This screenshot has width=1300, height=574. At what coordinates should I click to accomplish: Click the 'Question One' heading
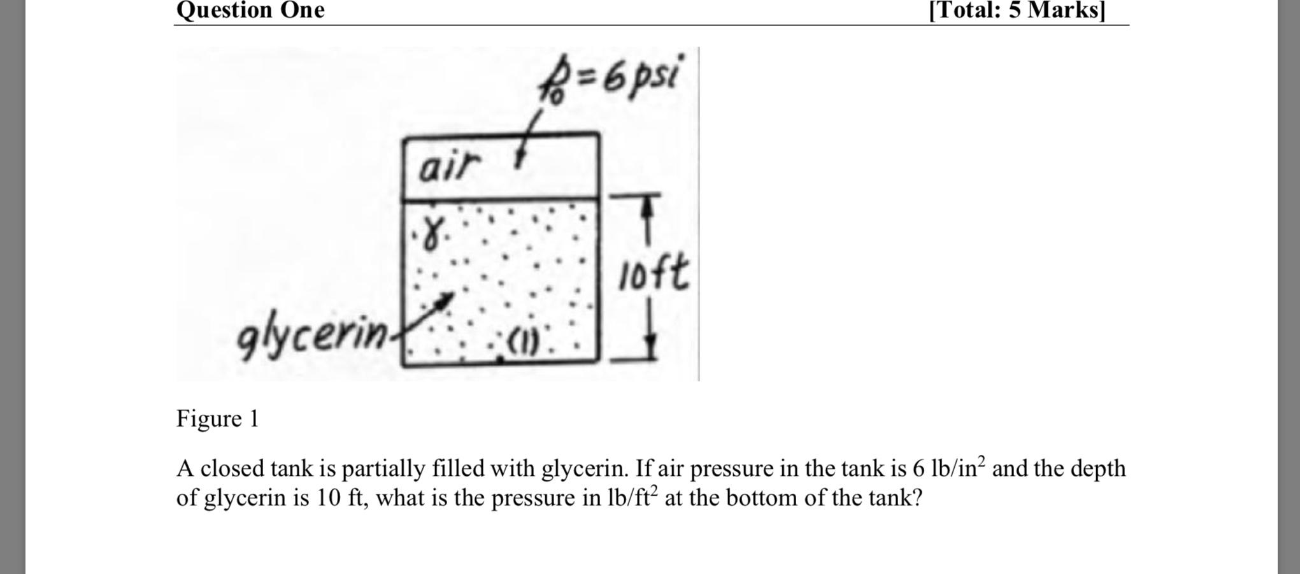[x=250, y=10]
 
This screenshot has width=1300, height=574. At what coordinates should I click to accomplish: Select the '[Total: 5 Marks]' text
[x=1017, y=10]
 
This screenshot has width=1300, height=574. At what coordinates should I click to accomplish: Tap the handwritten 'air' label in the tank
[x=448, y=167]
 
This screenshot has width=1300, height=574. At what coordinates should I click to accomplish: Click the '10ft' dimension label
[x=654, y=274]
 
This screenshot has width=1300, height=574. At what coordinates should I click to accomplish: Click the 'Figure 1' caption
[x=217, y=419]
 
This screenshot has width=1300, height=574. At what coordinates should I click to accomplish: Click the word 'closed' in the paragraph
[x=232, y=469]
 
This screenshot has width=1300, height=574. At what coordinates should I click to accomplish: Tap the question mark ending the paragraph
[x=917, y=498]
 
